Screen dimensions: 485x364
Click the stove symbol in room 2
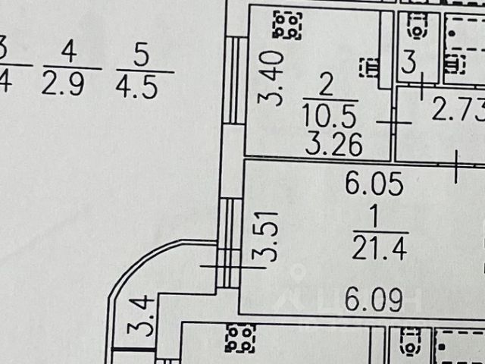coord(287,25)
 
